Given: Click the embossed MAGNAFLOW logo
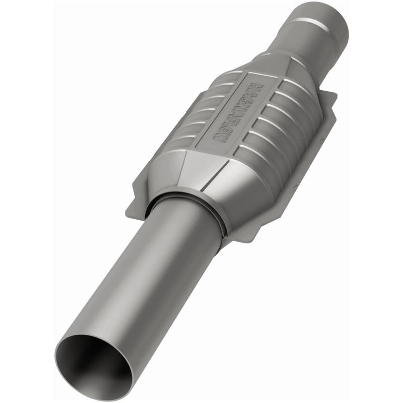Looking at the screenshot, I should coord(240,111).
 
